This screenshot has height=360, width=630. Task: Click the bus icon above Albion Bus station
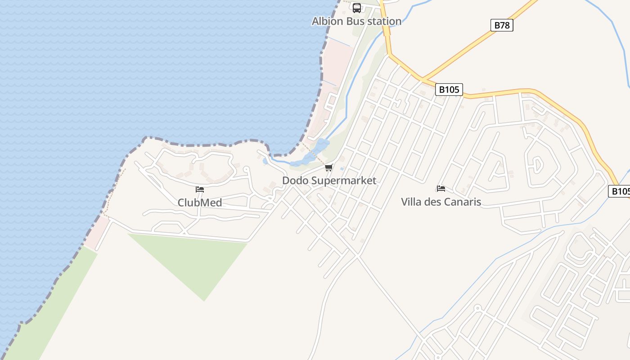pyautogui.click(x=357, y=8)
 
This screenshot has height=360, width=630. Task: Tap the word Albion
pyautogui.click(x=327, y=21)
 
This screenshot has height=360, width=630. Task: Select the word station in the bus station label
pyautogui.click(x=383, y=21)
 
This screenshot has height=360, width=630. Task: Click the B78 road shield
pyautogui.click(x=502, y=25)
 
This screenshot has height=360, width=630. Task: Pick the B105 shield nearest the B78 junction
pyautogui.click(x=449, y=90)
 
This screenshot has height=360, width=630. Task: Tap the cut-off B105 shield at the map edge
pyautogui.click(x=620, y=191)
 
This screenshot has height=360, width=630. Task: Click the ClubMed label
pyautogui.click(x=200, y=202)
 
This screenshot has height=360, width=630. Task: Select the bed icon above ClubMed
pyautogui.click(x=200, y=189)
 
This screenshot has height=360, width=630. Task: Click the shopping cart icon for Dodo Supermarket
pyautogui.click(x=329, y=168)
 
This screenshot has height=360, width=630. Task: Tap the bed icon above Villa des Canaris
pyautogui.click(x=441, y=188)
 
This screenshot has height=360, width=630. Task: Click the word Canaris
pyautogui.click(x=462, y=202)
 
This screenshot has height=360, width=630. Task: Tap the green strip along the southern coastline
pyautogui.click(x=49, y=310)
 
